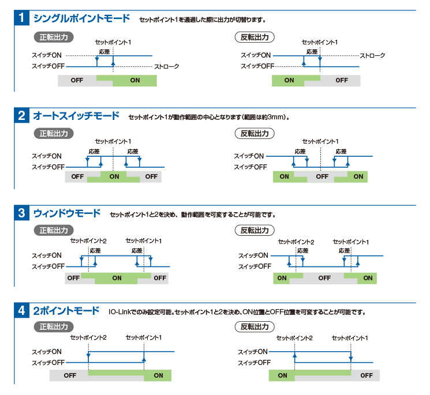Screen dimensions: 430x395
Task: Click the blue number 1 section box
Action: pos(22,18)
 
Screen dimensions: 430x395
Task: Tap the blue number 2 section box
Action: pos(22,115)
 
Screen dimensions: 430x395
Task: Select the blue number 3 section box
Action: pos(22,213)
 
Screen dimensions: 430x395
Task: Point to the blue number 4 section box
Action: pos(22,310)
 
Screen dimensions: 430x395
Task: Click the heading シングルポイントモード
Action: pos(81,18)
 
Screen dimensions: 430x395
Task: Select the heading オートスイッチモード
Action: pos(76,115)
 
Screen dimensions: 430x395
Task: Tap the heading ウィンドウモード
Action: pos(67,213)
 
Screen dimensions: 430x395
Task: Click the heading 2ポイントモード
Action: pos(66,311)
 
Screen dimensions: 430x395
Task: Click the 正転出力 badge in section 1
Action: pos(54,37)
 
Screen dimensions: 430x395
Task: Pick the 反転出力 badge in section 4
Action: pos(255,326)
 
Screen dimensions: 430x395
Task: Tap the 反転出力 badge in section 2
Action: pos(255,133)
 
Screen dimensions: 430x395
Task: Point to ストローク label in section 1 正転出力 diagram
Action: pos(166,66)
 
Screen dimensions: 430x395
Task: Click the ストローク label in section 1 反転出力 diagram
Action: pos(372,55)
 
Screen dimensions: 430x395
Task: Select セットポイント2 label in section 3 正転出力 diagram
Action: pos(88,241)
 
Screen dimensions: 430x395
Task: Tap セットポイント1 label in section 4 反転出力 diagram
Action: pos(350,338)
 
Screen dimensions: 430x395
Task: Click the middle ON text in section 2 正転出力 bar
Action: pos(114,176)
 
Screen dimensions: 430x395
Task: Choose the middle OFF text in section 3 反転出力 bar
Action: pos(324,278)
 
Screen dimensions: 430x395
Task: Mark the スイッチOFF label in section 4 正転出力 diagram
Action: pos(48,363)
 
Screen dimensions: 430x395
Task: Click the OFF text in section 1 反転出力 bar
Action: pos(342,80)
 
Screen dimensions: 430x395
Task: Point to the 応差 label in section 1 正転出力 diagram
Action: pos(104,52)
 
